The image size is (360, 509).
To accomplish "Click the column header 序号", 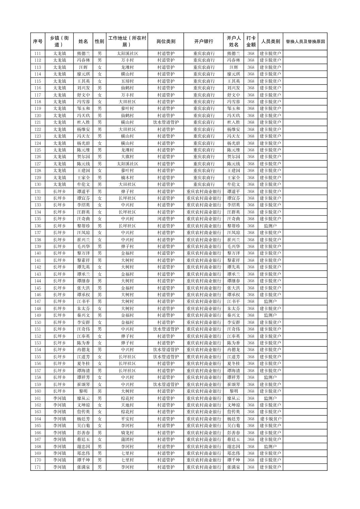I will tap(38, 42).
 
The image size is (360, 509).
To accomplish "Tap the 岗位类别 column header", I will tap(166, 42).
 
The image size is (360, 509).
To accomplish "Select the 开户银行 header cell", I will tap(203, 42).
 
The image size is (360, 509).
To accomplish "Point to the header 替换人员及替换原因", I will tap(305, 42).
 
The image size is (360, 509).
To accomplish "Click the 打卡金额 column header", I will tap(251, 42).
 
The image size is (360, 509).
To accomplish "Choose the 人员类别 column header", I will tap(270, 42).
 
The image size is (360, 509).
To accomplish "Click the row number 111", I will tap(38, 54).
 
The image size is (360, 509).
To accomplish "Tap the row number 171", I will tap(38, 467).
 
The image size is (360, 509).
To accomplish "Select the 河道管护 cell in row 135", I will tap(166, 219).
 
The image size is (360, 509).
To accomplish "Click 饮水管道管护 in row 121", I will tap(166, 123).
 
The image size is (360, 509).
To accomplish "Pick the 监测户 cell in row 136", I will tap(270, 226).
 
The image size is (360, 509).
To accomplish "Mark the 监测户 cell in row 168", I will tap(270, 446).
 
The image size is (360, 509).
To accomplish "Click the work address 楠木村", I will tap(127, 178).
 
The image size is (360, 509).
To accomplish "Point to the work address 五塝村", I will tap(127, 81).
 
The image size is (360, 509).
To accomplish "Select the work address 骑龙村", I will tap(127, 433).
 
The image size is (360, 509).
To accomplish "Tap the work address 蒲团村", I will tap(127, 439).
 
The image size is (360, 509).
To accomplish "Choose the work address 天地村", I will tap(127, 405).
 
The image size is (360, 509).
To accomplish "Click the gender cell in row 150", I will tap(100, 322).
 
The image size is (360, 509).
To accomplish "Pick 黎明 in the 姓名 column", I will tap(83, 391).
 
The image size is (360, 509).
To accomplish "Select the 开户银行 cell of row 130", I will tap(203, 185).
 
